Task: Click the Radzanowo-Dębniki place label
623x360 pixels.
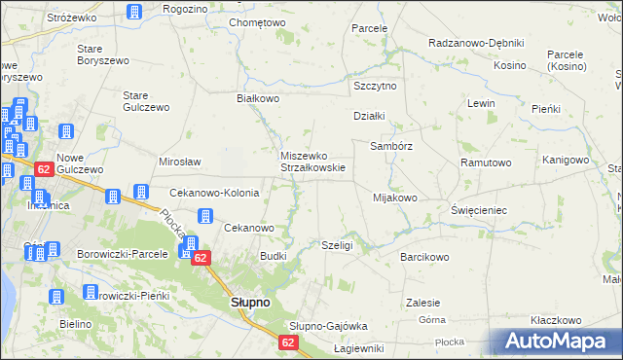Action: pyautogui.click(x=476, y=43)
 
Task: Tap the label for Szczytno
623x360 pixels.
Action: pyautogui.click(x=375, y=86)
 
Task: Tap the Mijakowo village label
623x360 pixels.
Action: pyautogui.click(x=394, y=198)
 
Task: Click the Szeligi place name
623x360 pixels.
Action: pyautogui.click(x=336, y=246)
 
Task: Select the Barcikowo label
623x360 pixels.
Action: pyautogui.click(x=423, y=258)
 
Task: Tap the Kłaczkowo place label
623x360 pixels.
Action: pyautogui.click(x=556, y=320)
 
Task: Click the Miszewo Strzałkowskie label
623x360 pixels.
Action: pyautogui.click(x=312, y=161)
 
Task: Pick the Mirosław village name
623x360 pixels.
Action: pyautogui.click(x=179, y=162)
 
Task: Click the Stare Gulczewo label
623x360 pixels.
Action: pyautogui.click(x=146, y=101)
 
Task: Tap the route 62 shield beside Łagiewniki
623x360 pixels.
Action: pyautogui.click(x=289, y=342)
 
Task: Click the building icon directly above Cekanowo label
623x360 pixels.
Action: pyautogui.click(x=205, y=216)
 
